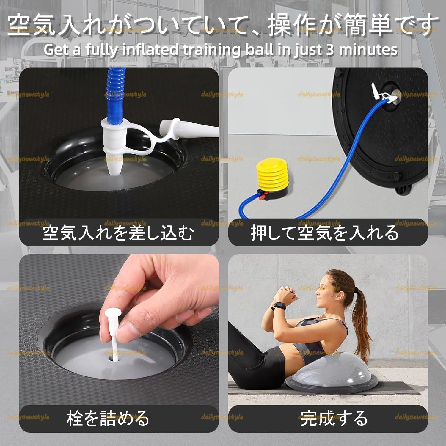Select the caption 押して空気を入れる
pos(324,233)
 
